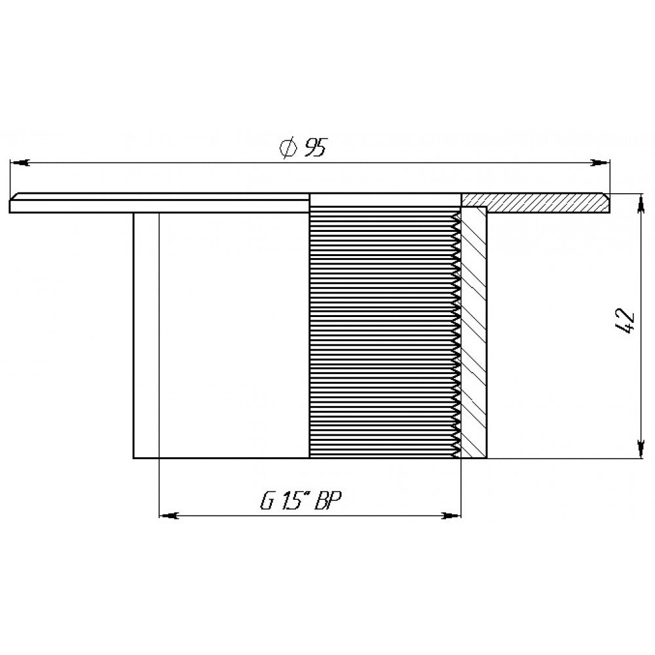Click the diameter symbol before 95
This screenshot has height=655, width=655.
click(x=289, y=147)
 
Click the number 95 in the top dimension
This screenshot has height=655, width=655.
click(x=316, y=147)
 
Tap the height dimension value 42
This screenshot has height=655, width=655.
click(x=626, y=322)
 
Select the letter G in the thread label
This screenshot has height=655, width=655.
click(x=267, y=500)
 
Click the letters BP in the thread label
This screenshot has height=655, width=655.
click(x=328, y=500)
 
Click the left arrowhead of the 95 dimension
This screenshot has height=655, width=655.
click(x=20, y=162)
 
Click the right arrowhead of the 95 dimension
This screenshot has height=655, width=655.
click(x=599, y=162)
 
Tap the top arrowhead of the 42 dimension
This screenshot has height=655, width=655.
click(x=639, y=204)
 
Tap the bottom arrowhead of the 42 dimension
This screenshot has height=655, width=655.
click(x=639, y=448)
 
